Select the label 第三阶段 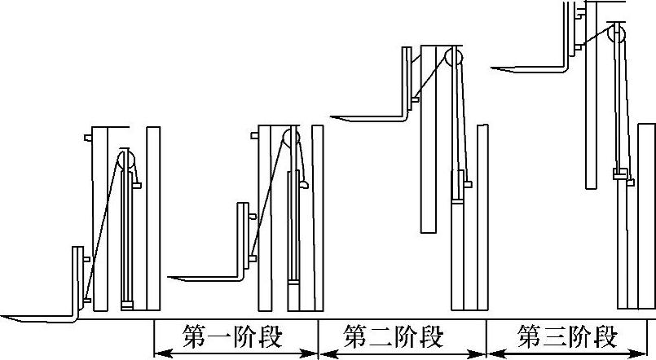click(x=568, y=336)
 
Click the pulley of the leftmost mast click(x=125, y=160)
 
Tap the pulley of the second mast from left click(x=290, y=139)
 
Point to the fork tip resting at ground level click(x=5, y=316)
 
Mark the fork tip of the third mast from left click(x=334, y=117)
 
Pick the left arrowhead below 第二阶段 click(x=323, y=353)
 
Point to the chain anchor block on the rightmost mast click(x=620, y=174)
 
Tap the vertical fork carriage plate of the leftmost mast click(x=76, y=277)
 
